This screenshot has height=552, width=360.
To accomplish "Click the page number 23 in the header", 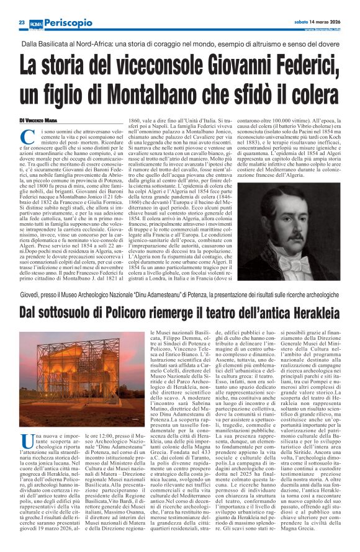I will tap(21, 22).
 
